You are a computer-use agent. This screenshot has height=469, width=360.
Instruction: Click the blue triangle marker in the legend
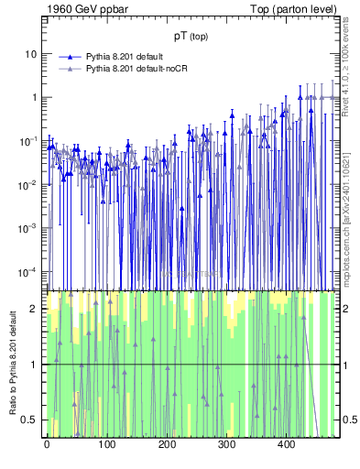[69, 57]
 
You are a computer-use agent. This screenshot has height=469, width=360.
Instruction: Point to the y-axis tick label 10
[29, 54]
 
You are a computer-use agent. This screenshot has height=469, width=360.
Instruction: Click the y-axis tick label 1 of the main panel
[33, 98]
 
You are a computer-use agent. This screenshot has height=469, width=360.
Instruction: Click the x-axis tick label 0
[47, 446]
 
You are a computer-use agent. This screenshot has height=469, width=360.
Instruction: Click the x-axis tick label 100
[106, 446]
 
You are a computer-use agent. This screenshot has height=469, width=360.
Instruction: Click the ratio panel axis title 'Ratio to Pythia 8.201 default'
[14, 364]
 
